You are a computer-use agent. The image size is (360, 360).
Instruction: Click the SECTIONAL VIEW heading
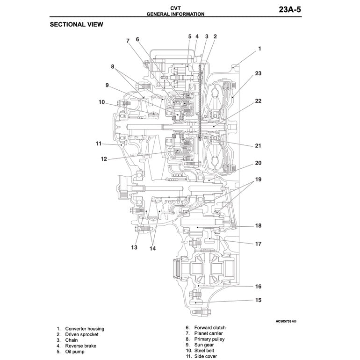pos(76,24)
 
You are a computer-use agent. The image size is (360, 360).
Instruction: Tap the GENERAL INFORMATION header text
pos(175,14)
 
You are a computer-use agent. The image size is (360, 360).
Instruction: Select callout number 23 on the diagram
pos(258,73)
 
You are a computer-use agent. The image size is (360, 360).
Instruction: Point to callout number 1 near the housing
pos(260,49)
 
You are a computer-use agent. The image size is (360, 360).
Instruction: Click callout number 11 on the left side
pos(98,144)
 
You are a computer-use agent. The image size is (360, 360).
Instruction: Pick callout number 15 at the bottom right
pos(258,300)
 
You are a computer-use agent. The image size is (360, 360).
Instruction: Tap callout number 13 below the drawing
pos(134,247)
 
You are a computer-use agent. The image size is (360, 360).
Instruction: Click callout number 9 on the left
pos(107,85)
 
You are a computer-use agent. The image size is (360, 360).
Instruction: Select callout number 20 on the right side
pos(258,163)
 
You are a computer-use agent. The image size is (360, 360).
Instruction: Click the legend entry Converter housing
pos(85,329)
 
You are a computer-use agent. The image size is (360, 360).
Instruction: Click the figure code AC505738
pos(283,322)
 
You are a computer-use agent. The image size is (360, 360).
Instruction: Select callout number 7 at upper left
pos(127,41)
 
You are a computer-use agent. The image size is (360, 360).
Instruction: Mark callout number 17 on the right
pos(258,244)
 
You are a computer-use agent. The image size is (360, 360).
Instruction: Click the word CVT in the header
pos(175,8)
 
